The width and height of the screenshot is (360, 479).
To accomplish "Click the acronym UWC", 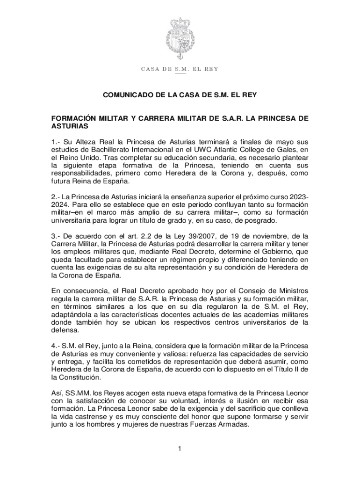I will click(208, 150).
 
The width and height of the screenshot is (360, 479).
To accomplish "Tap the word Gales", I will click(286, 150).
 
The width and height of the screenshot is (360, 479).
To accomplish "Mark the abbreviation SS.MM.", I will click(78, 393).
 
